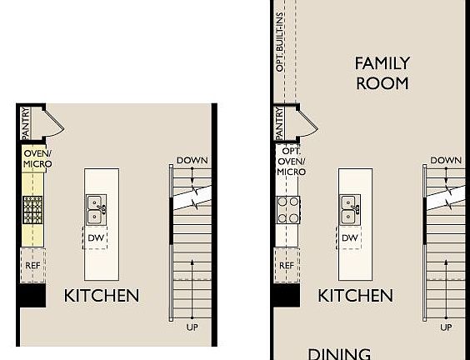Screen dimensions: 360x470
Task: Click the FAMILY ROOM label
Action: click(382, 72)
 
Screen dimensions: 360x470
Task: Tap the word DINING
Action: click(339, 353)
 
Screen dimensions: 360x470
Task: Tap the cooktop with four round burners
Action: click(288, 209)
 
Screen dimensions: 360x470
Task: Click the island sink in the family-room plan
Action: click(349, 210)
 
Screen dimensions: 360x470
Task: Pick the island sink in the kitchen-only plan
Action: click(97, 209)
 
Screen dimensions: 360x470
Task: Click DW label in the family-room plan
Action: click(349, 238)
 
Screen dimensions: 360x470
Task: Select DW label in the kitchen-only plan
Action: click(97, 238)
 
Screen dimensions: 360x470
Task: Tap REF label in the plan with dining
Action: click(286, 266)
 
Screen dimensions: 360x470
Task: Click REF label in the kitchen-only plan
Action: click(32, 266)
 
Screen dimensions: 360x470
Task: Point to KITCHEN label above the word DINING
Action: click(355, 295)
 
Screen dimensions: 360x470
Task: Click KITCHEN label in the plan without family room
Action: click(102, 295)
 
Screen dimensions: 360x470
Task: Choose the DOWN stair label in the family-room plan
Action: click(447, 160)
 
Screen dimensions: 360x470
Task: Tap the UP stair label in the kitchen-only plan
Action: click(192, 327)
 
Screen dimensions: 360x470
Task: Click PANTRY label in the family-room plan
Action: click(279, 122)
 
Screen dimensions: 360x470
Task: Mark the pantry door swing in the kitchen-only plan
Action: click(52, 122)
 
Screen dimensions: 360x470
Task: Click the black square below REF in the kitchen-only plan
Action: click(32, 293)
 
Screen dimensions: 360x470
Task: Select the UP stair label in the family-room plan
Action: click(446, 327)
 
